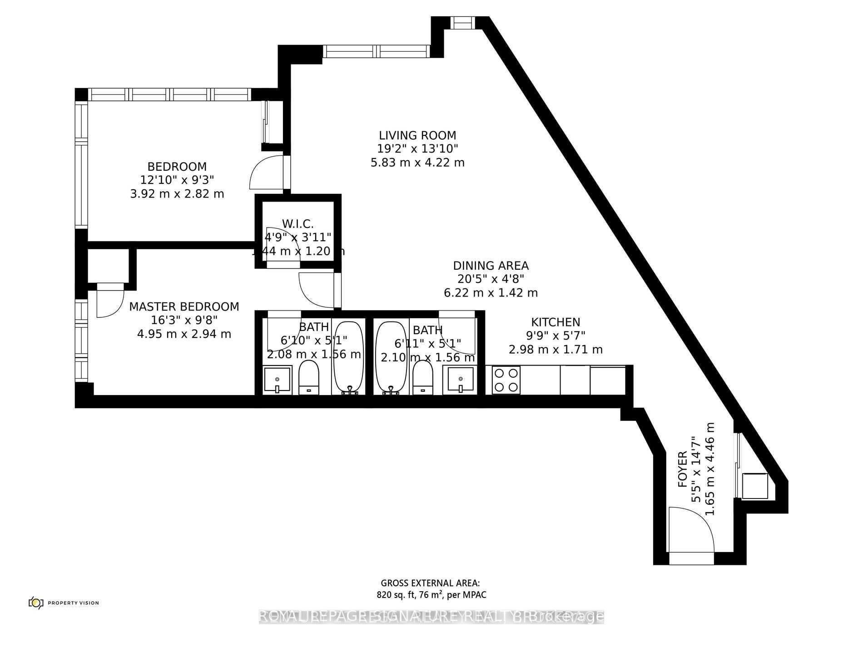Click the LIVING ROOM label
[417, 135]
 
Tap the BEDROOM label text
[177, 167]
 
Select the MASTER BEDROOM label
[184, 307]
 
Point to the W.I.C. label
[298, 224]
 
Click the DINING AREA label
[491, 266]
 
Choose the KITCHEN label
[555, 322]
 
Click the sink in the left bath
[277, 380]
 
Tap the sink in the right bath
[461, 380]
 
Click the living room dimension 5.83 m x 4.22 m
[417, 163]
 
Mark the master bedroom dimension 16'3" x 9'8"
[184, 321]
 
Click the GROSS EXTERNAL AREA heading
[430, 583]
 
